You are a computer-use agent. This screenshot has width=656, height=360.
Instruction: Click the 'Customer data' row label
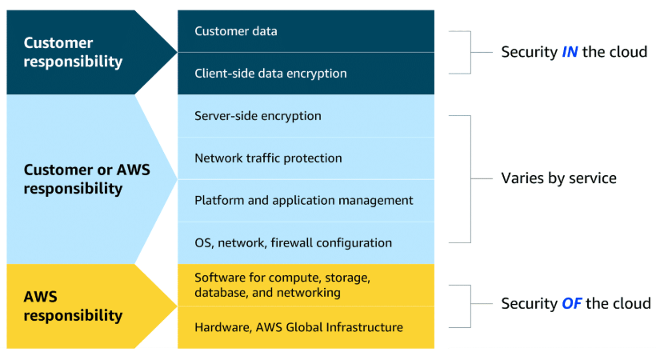(235, 31)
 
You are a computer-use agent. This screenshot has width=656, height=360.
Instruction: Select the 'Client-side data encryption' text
(270, 74)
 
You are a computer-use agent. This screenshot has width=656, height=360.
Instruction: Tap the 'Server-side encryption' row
(258, 116)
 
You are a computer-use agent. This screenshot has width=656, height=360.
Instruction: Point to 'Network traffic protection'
(268, 158)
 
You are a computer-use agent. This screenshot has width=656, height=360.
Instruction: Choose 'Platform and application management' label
(304, 201)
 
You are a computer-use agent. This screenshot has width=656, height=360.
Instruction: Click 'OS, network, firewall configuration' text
(294, 242)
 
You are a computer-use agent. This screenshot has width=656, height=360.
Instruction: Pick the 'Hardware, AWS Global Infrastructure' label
(298, 327)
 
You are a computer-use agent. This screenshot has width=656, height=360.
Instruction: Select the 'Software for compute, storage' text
(282, 278)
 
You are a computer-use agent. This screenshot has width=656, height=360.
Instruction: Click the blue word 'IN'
(570, 52)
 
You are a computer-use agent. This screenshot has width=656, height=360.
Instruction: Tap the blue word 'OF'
(571, 303)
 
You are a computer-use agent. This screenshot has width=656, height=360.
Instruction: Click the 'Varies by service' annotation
(558, 178)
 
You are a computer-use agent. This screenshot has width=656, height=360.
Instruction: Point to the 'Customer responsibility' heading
(73, 52)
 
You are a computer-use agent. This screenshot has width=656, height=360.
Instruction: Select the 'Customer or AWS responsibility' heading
(86, 179)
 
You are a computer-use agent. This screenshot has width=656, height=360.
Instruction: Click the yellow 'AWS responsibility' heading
(73, 306)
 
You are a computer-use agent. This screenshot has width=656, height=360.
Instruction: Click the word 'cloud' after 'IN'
(626, 52)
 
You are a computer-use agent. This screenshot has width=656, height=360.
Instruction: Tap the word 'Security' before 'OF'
(530, 304)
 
